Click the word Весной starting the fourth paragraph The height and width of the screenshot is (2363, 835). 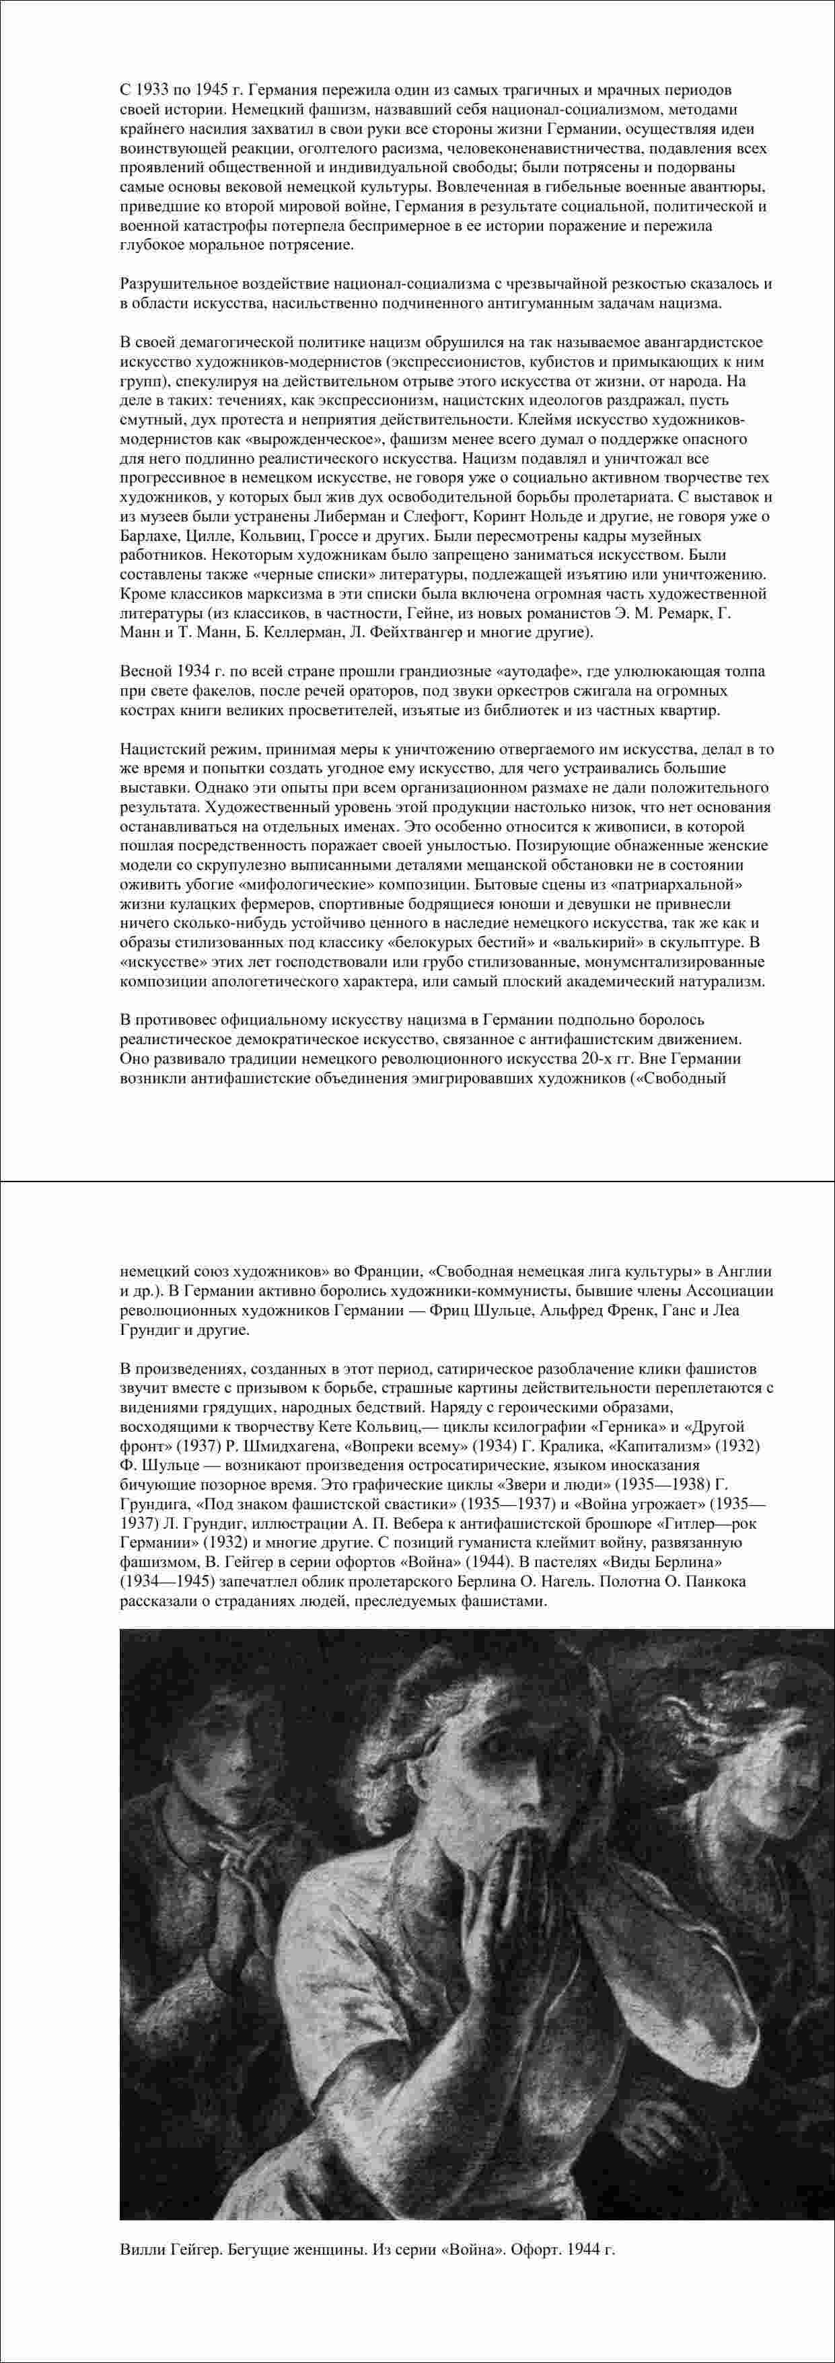pyautogui.click(x=144, y=671)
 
